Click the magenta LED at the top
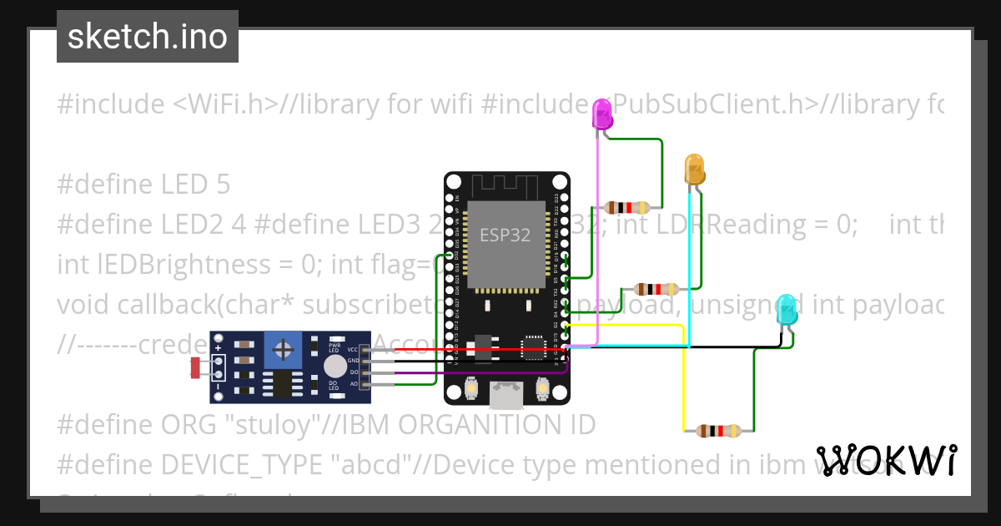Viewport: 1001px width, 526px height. click(x=601, y=114)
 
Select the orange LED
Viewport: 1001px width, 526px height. click(x=694, y=169)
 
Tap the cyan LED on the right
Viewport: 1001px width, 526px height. click(x=786, y=310)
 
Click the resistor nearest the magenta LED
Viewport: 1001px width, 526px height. click(x=627, y=207)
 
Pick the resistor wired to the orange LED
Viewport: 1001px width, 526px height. click(x=656, y=289)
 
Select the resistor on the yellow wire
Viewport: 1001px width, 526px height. click(x=718, y=431)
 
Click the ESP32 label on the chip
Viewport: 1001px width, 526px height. click(x=505, y=235)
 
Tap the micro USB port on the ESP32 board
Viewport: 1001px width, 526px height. click(x=506, y=394)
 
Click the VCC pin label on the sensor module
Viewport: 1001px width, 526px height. click(x=353, y=349)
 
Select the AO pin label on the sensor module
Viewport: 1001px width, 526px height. click(x=353, y=384)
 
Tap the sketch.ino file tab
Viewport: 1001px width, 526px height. click(x=148, y=37)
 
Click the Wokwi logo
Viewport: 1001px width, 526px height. click(x=886, y=460)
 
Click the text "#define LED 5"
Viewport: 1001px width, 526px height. click(x=143, y=184)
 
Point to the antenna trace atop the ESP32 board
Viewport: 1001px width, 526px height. click(x=506, y=185)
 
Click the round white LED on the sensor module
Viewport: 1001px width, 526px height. click(x=335, y=366)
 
